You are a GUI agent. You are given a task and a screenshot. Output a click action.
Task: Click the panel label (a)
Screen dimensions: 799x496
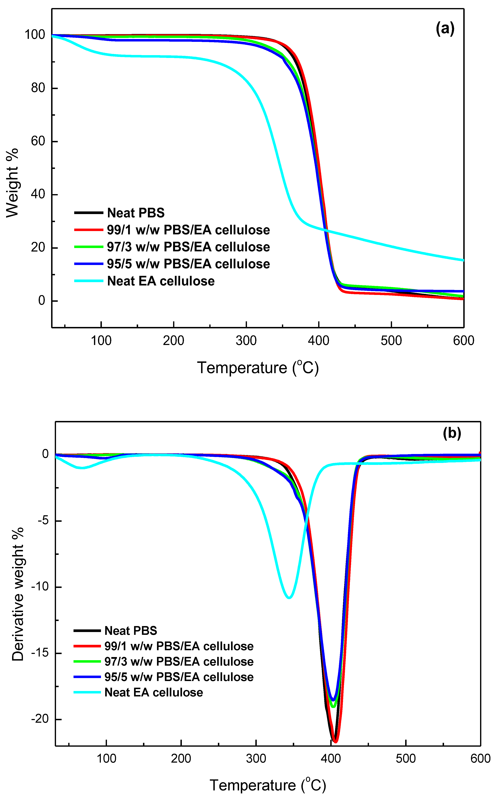pyautogui.click(x=445, y=29)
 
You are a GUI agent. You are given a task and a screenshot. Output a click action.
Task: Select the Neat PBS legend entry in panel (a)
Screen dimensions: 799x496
pyautogui.click(x=135, y=213)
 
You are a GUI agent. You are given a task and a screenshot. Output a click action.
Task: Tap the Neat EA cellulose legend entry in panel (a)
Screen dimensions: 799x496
pyautogui.click(x=160, y=281)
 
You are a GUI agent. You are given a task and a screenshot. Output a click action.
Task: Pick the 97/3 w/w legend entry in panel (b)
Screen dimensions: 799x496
pyautogui.click(x=179, y=662)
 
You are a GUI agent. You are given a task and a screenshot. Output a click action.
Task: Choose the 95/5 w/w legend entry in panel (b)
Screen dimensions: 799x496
pyautogui.click(x=179, y=677)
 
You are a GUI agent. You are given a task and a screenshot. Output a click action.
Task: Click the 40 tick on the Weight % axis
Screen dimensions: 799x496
pyautogui.click(x=38, y=194)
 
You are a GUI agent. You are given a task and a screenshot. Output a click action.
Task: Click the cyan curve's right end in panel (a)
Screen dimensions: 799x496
pyautogui.click(x=463, y=260)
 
